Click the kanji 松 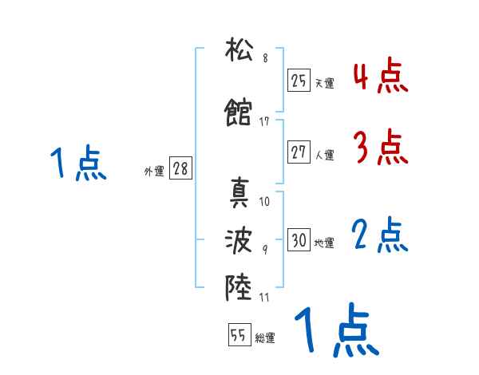tap(239, 53)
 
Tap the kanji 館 tap(239, 112)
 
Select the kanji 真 tap(239, 192)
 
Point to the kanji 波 tap(239, 239)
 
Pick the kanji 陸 tap(239, 285)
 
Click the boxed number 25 tap(299, 80)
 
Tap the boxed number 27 tap(299, 152)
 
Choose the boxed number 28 tap(180, 169)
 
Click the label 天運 tap(324, 82)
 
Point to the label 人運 tap(324, 155)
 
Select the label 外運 tap(153, 172)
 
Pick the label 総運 tap(265, 338)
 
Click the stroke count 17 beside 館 tap(264, 121)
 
